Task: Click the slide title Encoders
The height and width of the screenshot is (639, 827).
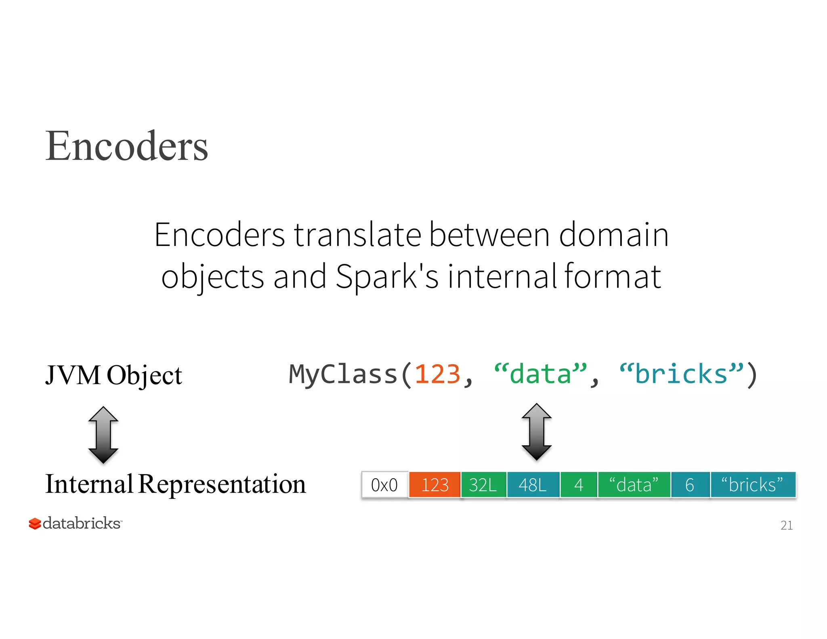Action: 126,146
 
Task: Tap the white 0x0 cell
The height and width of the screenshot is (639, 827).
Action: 384,485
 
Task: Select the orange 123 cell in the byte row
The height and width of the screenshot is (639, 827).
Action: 434,485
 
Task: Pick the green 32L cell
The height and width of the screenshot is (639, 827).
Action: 483,485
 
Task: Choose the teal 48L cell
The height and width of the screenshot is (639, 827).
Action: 533,485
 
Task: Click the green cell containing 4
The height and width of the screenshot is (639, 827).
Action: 579,485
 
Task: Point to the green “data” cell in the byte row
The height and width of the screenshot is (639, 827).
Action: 634,485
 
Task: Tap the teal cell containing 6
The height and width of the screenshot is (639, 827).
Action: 690,485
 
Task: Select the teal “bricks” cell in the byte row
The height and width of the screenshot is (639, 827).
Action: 753,485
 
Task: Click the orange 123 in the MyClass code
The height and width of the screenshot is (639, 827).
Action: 437,374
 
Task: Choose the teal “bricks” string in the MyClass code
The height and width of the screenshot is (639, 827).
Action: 681,374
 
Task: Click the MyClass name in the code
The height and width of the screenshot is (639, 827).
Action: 343,374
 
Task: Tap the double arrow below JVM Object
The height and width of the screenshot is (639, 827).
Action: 103,435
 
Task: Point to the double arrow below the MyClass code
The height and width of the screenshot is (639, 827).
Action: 536,432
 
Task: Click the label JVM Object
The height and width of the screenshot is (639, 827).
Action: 113,375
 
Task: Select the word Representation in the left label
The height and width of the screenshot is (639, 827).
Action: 222,484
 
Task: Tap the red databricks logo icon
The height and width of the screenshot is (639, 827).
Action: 35,523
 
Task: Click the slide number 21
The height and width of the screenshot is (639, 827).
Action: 786,525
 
